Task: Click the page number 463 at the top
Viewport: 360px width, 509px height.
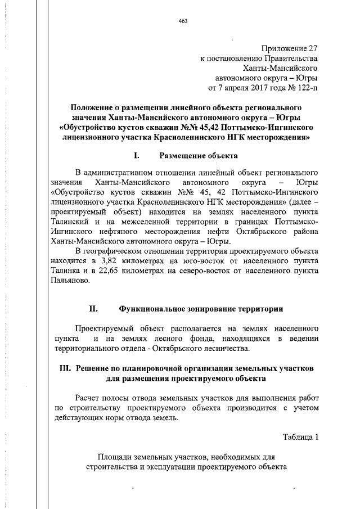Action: tap(182, 21)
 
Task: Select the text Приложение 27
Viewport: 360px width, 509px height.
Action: tap(291, 48)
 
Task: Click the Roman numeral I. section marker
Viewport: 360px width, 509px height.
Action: tap(136, 155)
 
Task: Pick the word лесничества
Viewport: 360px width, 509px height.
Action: tap(220, 348)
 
